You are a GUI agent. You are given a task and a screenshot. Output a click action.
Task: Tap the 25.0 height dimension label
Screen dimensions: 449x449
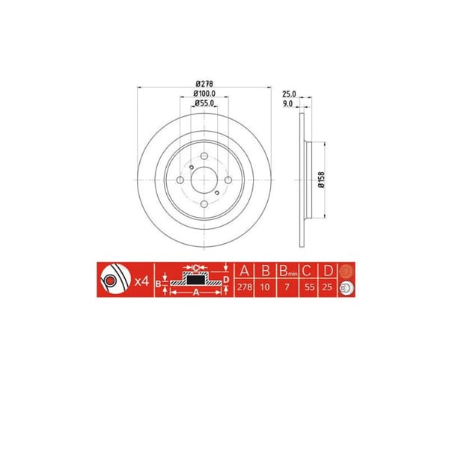click(x=289, y=94)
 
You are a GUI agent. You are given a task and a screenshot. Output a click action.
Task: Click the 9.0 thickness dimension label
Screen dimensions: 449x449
click(x=289, y=103)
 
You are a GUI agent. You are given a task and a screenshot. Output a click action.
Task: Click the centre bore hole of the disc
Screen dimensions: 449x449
click(x=202, y=180)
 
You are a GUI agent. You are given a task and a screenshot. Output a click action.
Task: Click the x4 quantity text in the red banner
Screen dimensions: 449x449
click(x=139, y=283)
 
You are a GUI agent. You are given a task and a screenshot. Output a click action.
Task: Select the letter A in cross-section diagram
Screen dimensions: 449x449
click(x=195, y=294)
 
